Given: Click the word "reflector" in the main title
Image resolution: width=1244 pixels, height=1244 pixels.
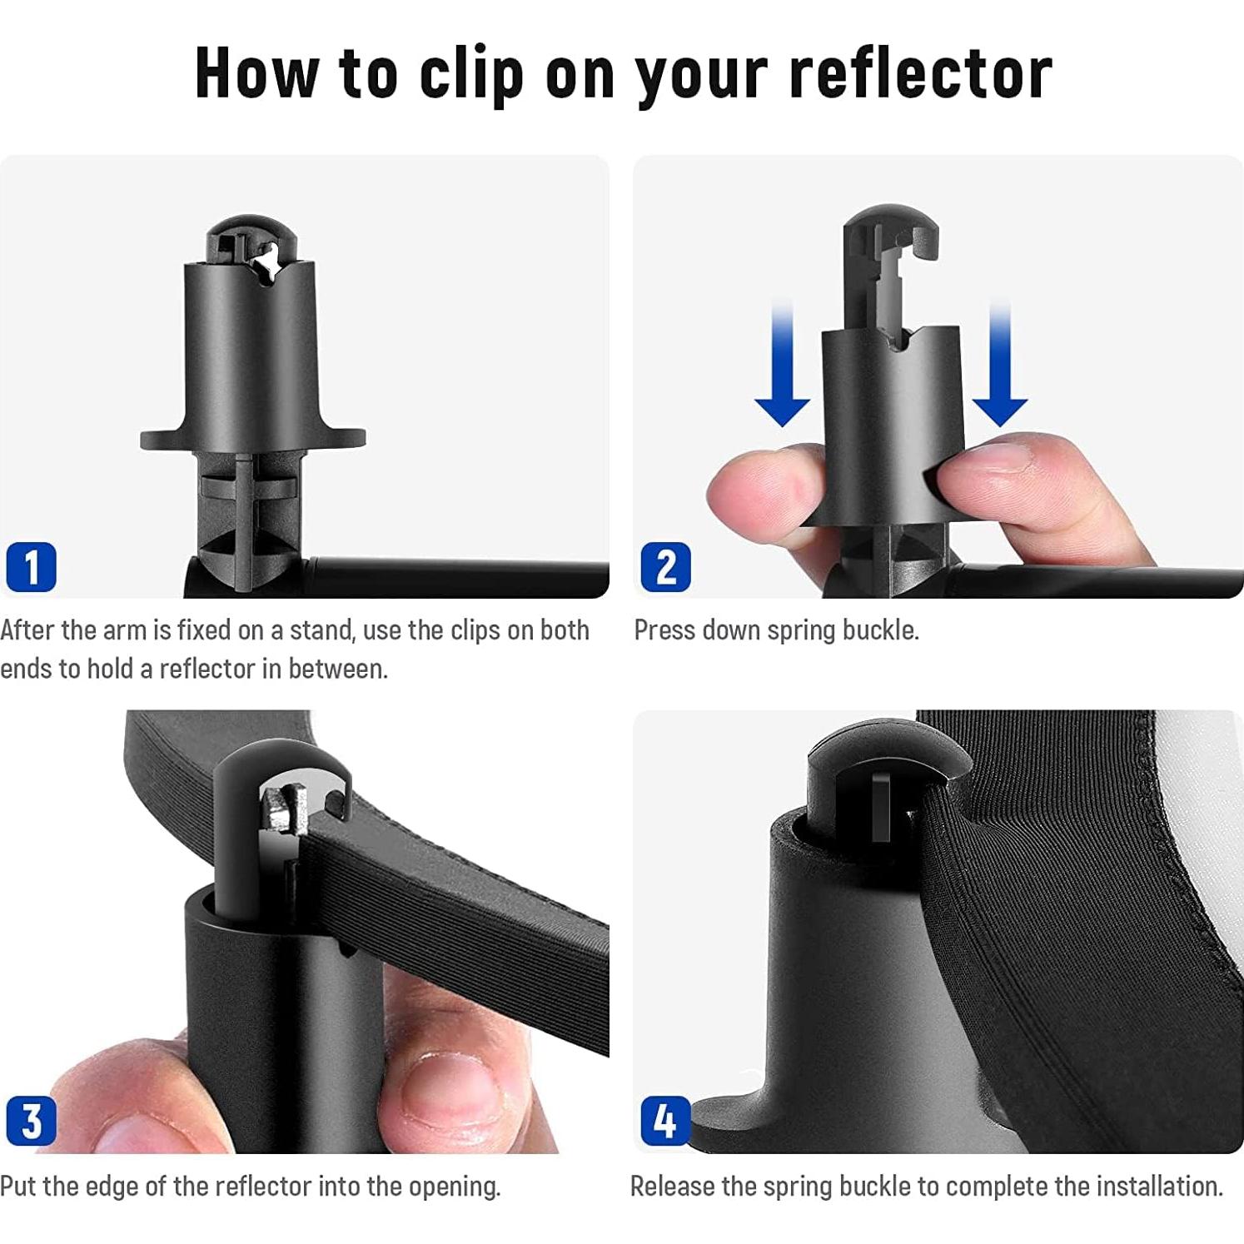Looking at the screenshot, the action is [x=920, y=72].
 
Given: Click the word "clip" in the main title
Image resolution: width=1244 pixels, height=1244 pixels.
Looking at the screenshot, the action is [x=471, y=74].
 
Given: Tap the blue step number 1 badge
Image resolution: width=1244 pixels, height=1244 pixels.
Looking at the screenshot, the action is [x=32, y=567].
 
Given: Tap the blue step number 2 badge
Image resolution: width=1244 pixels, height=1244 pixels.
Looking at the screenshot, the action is [x=666, y=567].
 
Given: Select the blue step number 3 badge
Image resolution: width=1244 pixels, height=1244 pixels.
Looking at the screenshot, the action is [x=32, y=1122].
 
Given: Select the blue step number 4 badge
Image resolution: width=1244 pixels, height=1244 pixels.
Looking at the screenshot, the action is [x=666, y=1122].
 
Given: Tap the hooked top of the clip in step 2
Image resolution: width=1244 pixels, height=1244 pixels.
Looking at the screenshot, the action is [x=891, y=233].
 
